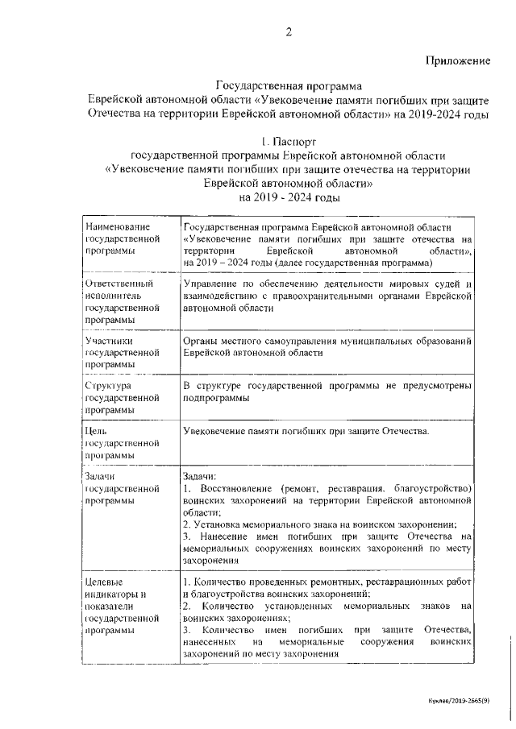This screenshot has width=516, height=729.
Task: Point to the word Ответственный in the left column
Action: [119, 284]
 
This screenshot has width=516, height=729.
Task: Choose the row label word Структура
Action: [109, 386]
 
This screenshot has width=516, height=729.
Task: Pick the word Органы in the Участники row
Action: [199, 342]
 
